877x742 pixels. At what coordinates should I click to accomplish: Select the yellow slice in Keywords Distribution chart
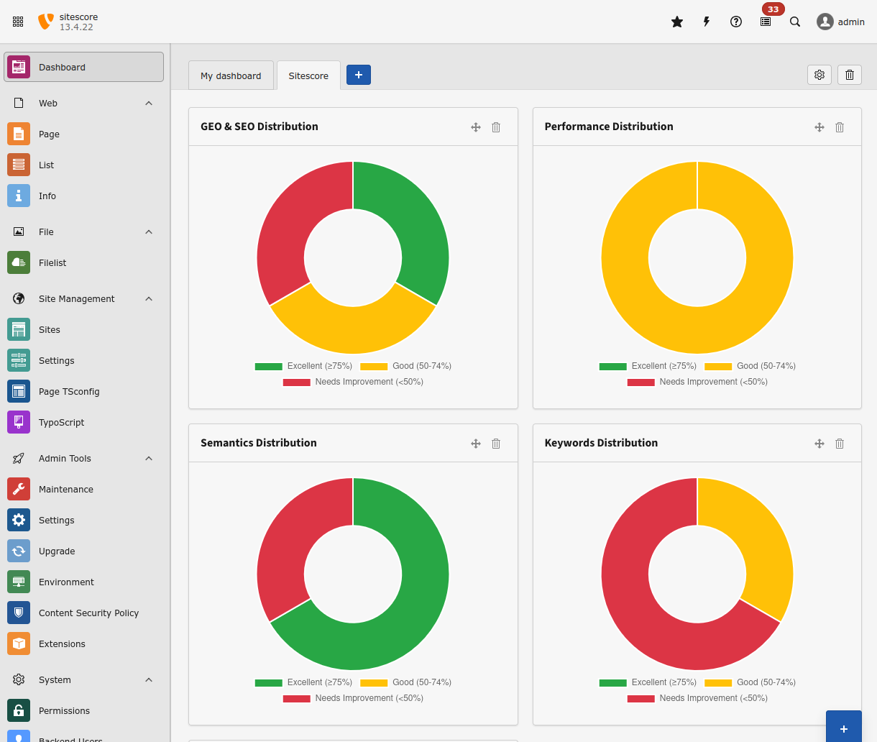tap(762, 546)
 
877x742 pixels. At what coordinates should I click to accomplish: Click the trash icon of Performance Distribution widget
tap(839, 127)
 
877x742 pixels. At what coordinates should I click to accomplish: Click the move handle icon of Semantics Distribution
tap(475, 444)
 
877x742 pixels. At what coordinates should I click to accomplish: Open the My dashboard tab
tap(231, 75)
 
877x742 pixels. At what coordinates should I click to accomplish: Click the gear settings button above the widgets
tap(819, 75)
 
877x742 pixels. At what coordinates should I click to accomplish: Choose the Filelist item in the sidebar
tap(52, 263)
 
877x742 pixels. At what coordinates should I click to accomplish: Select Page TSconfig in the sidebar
tap(69, 392)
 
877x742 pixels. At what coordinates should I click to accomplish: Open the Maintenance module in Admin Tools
tap(65, 490)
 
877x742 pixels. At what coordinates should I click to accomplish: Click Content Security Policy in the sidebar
tap(88, 613)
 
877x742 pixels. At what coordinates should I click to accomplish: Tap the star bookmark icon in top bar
tap(676, 22)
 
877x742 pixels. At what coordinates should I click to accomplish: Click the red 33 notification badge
tap(773, 9)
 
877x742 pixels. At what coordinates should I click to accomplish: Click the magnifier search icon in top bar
tap(794, 22)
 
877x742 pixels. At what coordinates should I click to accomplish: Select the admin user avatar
tap(825, 22)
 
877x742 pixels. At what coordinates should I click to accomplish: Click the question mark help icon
tap(735, 22)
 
